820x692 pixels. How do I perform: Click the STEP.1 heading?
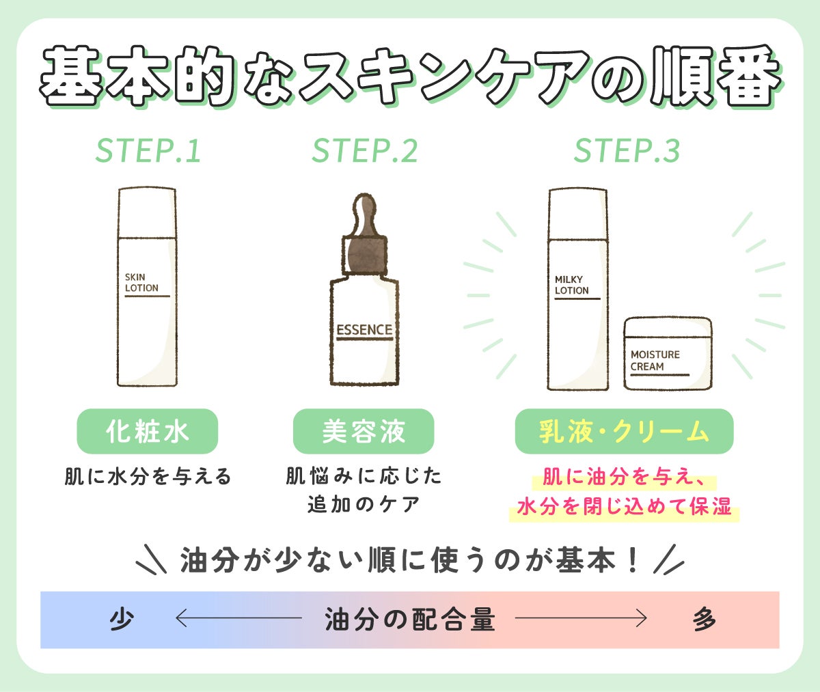(148, 151)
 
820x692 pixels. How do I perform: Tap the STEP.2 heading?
(364, 151)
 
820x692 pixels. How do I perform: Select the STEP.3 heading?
(627, 151)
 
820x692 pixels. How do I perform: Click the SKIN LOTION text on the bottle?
(141, 283)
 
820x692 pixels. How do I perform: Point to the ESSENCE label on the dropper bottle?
(364, 330)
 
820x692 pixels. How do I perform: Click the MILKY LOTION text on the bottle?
(572, 285)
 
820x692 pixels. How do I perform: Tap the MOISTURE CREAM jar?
(668, 354)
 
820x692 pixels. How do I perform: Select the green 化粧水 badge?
(147, 432)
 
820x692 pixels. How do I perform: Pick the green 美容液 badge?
(364, 432)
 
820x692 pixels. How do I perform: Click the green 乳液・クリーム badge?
(624, 432)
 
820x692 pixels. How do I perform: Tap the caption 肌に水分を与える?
(148, 476)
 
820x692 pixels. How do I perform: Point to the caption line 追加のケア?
(364, 505)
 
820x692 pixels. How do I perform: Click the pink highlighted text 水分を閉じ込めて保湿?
(624, 507)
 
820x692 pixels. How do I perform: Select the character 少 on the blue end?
(122, 620)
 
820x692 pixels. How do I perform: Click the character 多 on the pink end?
(705, 620)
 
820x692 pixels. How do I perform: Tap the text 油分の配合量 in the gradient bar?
(409, 620)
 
